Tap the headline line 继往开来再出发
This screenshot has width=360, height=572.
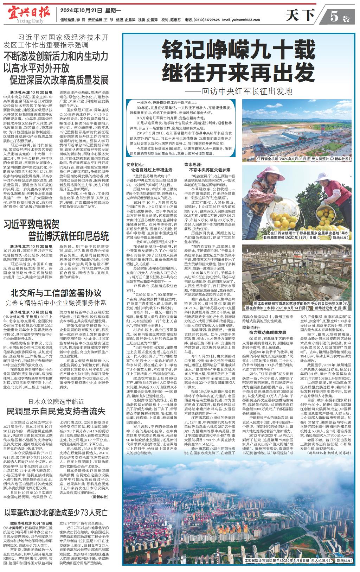click(233, 73)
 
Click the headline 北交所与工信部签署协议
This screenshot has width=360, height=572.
click(56, 293)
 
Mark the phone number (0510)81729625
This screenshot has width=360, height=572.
click(207, 20)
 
